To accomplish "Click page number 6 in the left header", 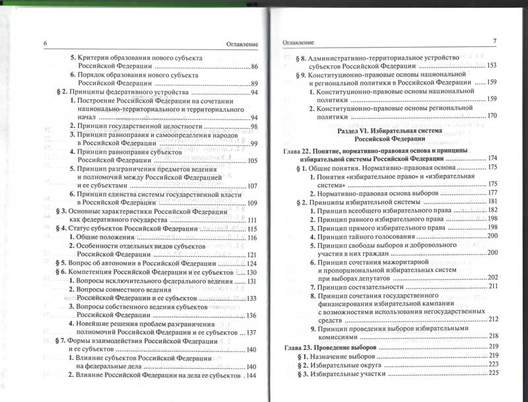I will point(46,44).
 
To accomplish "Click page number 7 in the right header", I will point(494,42).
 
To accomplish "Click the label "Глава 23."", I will point(299,347).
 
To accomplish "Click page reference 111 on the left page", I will point(251,219).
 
